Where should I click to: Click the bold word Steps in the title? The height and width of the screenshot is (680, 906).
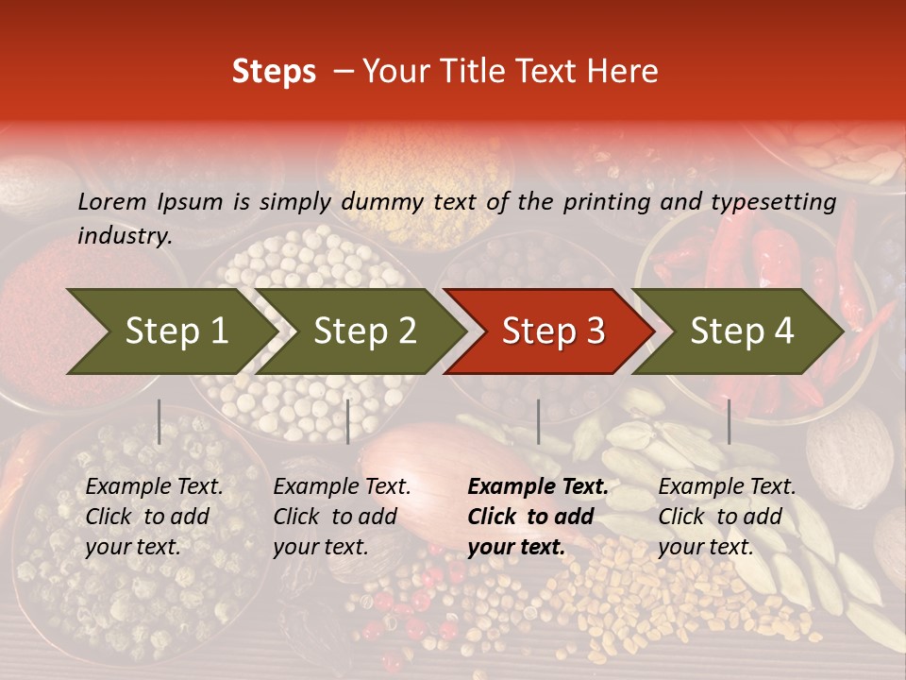(x=274, y=72)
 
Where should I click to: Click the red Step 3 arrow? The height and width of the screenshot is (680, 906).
(x=553, y=331)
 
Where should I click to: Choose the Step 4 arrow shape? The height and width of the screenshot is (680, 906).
(x=742, y=331)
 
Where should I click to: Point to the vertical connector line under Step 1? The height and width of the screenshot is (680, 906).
(x=159, y=421)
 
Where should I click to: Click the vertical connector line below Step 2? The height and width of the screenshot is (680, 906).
(x=348, y=421)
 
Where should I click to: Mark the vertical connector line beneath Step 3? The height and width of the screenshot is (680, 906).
(x=538, y=421)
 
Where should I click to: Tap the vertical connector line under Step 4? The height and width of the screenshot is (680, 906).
(x=729, y=421)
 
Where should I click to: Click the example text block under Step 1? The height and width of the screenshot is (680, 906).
(x=154, y=517)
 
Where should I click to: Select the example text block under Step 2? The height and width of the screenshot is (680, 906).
(x=342, y=517)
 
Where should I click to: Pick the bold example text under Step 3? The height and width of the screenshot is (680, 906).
(x=538, y=517)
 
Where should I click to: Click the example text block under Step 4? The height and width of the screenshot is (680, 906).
(x=727, y=517)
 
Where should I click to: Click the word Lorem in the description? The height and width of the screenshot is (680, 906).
(x=112, y=201)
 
